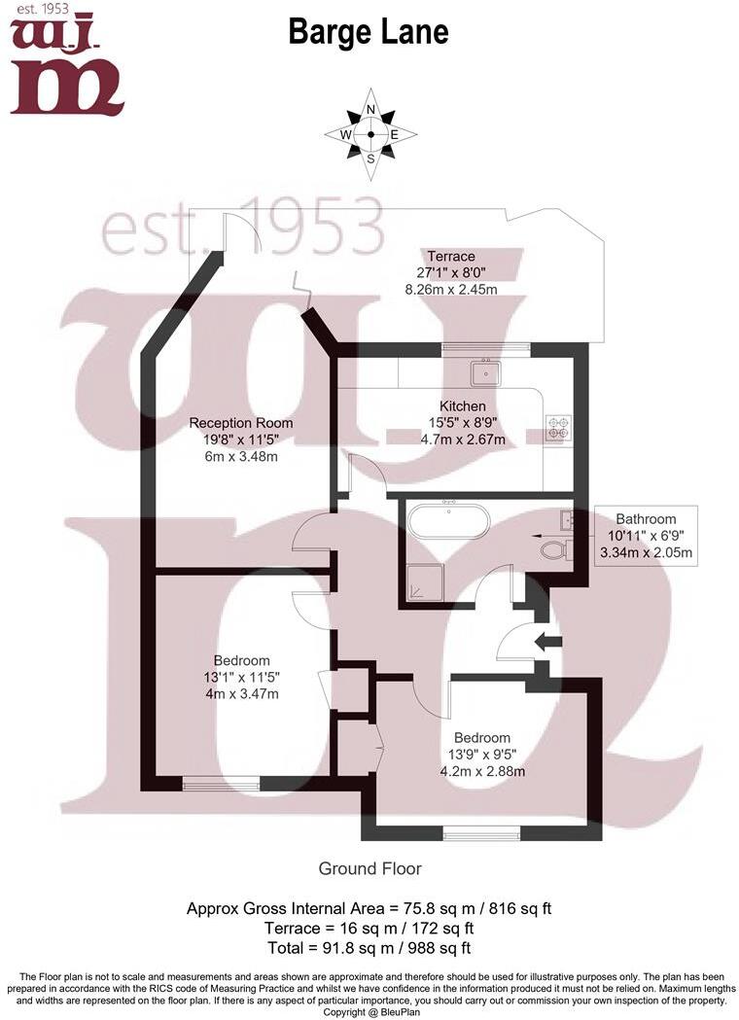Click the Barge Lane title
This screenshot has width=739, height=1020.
point(369,32)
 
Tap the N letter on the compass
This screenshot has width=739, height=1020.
point(370,109)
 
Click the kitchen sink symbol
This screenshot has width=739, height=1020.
point(486,372)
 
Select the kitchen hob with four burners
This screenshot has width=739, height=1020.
point(558,427)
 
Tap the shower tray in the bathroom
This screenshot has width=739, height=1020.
point(425,582)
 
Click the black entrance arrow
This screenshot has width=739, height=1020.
point(547,642)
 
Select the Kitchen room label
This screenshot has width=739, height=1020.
point(463,405)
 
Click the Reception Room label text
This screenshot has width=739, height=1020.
point(241,423)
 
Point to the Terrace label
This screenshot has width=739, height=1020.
point(451,257)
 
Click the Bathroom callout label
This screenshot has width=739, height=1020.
point(646,519)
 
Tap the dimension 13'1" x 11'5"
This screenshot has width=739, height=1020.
point(241,677)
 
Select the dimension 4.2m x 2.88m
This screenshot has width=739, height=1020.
point(482,771)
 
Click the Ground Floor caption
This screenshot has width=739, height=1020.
point(369,868)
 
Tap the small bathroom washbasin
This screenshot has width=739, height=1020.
point(566,519)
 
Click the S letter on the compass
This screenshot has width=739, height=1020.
point(370,158)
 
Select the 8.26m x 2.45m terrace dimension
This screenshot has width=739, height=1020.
point(451,290)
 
